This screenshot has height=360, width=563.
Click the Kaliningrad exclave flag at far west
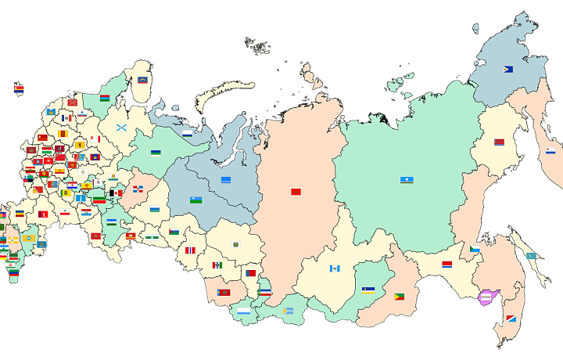coord(19,89)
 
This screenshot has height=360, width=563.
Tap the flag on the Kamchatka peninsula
coord(550,150)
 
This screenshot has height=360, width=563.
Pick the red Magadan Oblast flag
coord(499,142)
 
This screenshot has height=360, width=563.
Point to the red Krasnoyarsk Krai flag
coord(296,192)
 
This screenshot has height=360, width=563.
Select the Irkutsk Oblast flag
coord(335,268)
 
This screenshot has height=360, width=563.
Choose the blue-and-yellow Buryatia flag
coord(368,290)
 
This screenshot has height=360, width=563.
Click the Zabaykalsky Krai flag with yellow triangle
coord(399,297)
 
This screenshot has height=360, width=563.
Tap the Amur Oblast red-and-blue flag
coord(447,265)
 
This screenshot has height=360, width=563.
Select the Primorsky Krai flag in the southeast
coord(511,319)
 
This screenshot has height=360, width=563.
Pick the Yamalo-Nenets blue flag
coord(226,180)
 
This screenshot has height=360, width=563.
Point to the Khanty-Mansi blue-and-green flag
coord(196,200)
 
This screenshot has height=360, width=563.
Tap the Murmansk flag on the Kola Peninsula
coord(143,80)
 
